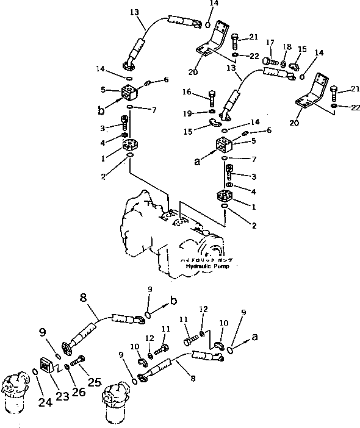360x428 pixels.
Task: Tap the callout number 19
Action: pyautogui.click(x=188, y=114)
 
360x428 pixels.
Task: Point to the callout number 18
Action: pyautogui.click(x=287, y=47)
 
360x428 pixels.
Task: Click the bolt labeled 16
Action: pyautogui.click(x=211, y=98)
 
